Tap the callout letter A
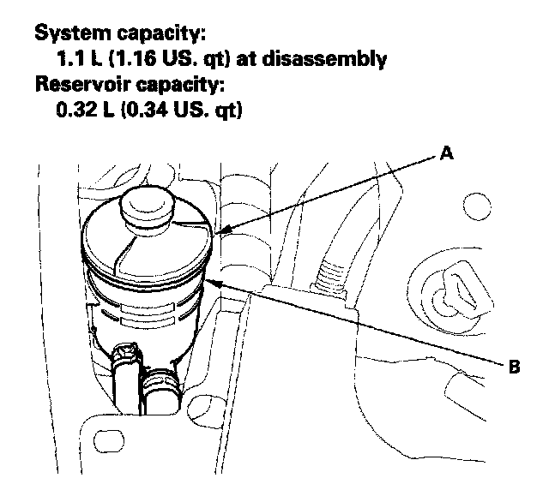coord(445,154)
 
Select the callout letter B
coord(514,368)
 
